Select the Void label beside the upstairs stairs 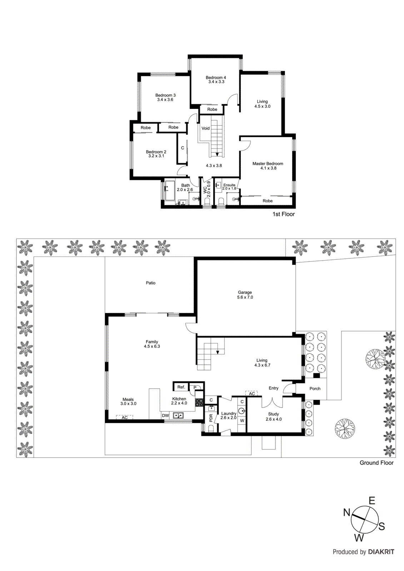coord(205,128)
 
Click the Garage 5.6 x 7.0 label coord(245,295)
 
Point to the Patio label coord(151,283)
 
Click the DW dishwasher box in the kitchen coord(165,416)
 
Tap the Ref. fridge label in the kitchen coord(181,387)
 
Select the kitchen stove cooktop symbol coord(199,403)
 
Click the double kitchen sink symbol coord(178,415)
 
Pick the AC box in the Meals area coord(124,417)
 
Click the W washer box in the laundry coord(242,421)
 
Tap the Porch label coord(315,389)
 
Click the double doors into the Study coord(272,403)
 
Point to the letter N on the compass coord(346,512)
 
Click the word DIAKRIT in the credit coord(381,552)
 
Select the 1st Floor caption coord(284,214)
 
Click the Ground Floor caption coord(376,463)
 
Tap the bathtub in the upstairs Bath coord(170,190)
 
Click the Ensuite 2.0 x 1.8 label coord(229,187)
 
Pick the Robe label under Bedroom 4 coord(212,110)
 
